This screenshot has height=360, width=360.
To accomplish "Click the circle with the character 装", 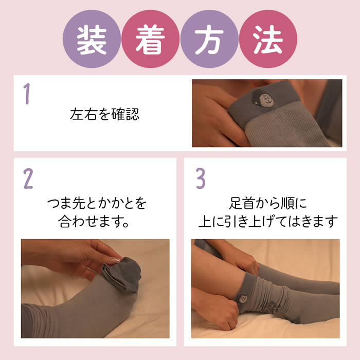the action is tap(92, 39).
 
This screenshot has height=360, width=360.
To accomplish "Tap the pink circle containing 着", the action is tap(150, 39).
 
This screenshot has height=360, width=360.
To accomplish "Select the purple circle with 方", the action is tap(209, 39).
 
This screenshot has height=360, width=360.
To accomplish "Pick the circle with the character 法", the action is tap(268, 39).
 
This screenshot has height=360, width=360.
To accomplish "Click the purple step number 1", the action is tap(27, 94).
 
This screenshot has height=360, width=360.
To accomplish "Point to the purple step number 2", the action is tap(28, 178).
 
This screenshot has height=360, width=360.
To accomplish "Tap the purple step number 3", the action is tap(201, 178).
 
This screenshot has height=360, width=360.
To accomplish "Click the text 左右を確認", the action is tap(105, 114).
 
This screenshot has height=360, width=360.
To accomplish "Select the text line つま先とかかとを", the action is tap(97, 203).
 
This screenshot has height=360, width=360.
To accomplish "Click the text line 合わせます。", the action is tap(94, 221).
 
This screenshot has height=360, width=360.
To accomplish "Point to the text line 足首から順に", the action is tap(268, 203).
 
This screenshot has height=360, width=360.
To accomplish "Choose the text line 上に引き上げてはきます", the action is tap(268, 221).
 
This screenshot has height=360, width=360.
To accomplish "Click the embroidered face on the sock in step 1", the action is tap(263, 98).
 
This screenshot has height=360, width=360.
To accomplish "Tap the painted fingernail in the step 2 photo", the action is tap(115, 260).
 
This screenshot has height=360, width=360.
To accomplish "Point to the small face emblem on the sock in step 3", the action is tap(242, 299).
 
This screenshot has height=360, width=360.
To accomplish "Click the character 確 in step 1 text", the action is tap(118, 114).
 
